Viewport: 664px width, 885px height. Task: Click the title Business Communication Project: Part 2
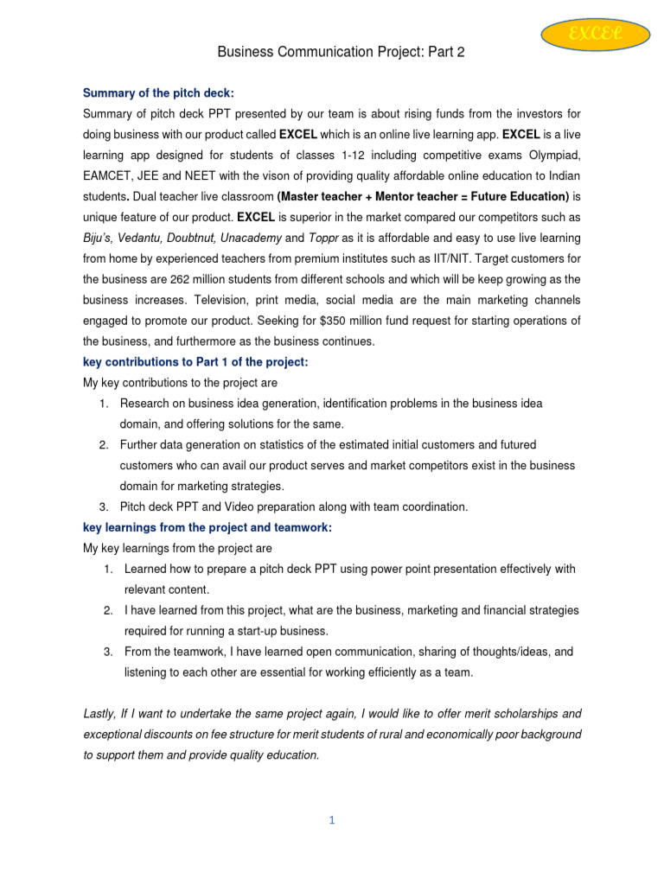(341, 53)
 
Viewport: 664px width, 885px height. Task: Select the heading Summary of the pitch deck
(158, 93)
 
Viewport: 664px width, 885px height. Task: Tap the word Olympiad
(550, 155)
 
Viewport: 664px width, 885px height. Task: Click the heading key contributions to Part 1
(195, 362)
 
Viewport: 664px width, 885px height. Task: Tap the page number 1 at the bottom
(331, 820)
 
